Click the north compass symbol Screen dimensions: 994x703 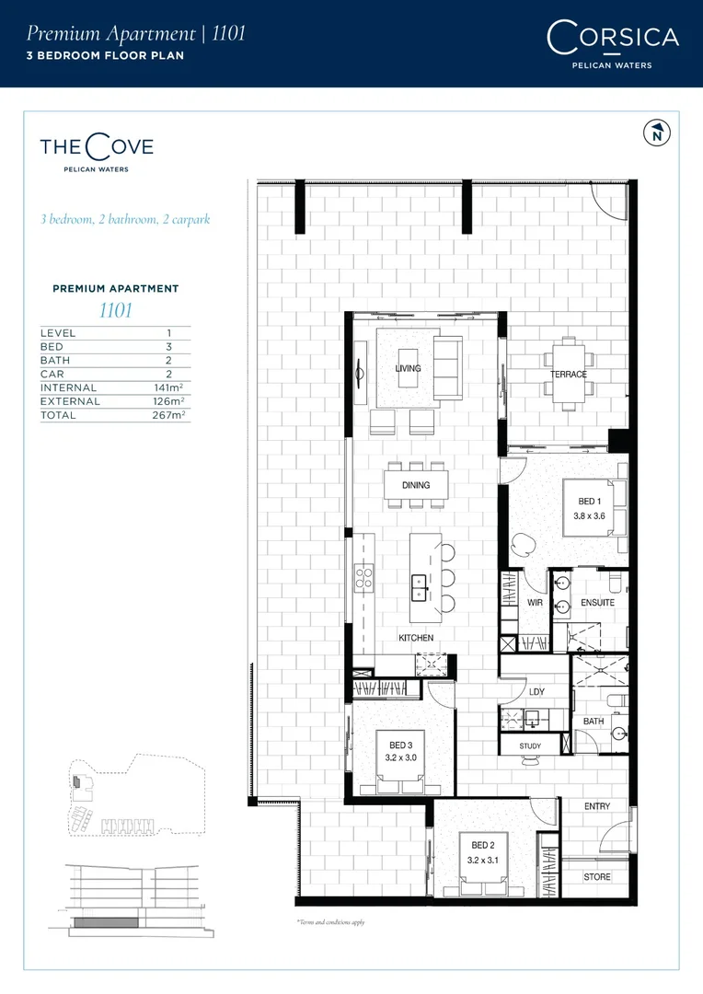[656, 133]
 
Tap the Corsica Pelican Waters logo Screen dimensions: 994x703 [612, 43]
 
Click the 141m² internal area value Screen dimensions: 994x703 [169, 388]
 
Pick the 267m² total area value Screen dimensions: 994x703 [169, 416]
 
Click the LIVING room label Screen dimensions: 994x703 [408, 369]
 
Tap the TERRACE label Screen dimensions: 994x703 [569, 376]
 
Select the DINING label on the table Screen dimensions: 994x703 [415, 486]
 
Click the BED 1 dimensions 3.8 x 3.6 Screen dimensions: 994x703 [589, 515]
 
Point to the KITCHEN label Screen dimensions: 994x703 [415, 638]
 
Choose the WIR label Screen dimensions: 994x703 [536, 603]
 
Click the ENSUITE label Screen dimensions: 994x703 [597, 603]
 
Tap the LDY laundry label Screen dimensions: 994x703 [536, 693]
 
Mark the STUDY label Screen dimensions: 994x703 [530, 746]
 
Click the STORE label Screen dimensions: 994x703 [597, 877]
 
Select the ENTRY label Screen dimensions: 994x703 [597, 807]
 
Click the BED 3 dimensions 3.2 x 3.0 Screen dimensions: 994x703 [402, 757]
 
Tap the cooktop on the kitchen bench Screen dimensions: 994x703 [364, 577]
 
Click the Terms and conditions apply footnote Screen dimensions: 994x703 [329, 921]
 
